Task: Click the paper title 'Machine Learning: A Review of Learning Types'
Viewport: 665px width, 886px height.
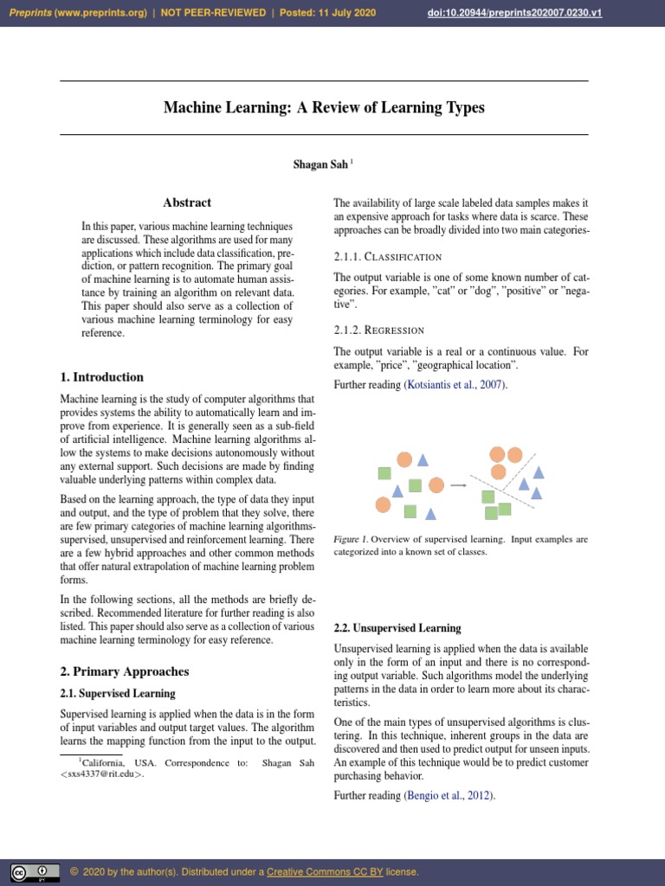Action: pos(324,108)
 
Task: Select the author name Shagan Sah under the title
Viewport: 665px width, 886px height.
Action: pos(320,164)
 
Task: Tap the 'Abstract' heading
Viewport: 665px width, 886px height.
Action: pos(187,202)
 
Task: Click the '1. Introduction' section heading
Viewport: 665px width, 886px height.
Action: pos(102,377)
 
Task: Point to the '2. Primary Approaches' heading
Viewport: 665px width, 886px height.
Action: pos(125,671)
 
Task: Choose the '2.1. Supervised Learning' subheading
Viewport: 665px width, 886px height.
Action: pos(118,694)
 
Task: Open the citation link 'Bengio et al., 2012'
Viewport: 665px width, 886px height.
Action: pos(449,795)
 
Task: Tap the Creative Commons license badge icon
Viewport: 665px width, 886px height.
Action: pos(36,872)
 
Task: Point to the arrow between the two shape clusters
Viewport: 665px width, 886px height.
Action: pos(458,485)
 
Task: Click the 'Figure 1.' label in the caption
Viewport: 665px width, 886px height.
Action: pos(351,539)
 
